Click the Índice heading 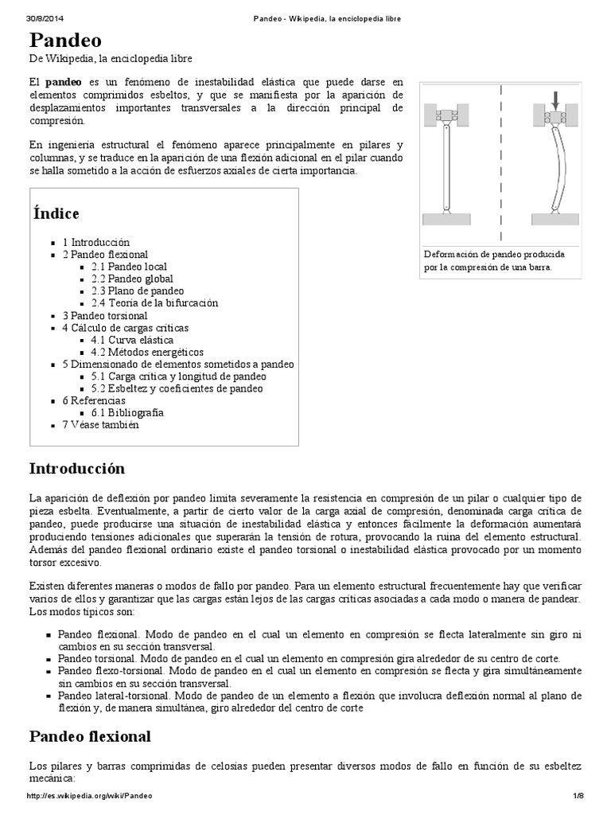56,213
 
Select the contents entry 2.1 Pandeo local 129,267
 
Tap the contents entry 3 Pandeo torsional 105,315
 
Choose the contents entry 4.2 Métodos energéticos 147,352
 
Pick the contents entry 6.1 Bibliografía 127,412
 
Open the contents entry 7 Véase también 100,425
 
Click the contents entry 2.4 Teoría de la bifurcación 154,303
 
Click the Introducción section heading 77,468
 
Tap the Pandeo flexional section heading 90,736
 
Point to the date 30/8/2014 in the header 46,18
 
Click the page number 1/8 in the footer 578,796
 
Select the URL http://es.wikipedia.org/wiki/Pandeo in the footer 89,796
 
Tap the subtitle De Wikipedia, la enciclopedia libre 111,59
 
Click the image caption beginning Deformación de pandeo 493,260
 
